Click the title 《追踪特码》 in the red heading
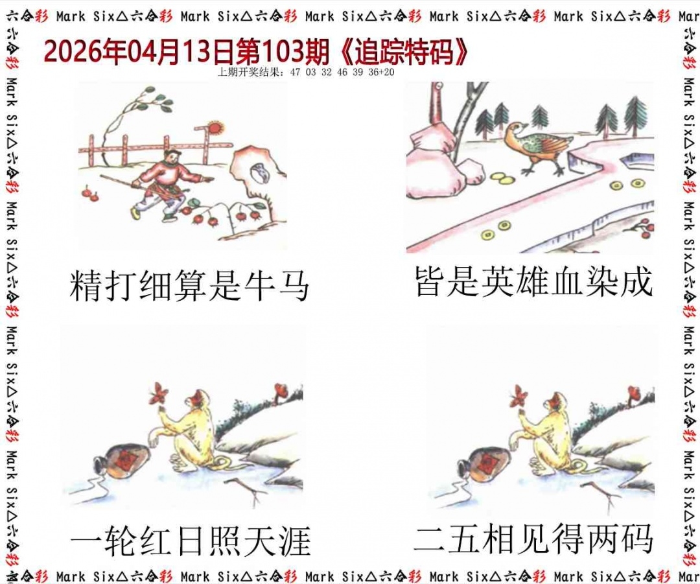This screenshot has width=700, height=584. pos(404,53)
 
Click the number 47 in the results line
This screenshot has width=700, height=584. pos(295,73)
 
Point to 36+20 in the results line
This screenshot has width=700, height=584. pos(381,73)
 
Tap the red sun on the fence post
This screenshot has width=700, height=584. pos(215,127)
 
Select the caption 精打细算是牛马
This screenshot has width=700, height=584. pos(189,286)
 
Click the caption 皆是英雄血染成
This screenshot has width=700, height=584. pos(534,281)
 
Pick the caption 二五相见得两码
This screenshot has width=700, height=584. pos(534,539)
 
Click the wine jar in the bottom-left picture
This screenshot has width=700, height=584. pos(121,460)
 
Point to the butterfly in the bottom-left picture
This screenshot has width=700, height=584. pos(159,393)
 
